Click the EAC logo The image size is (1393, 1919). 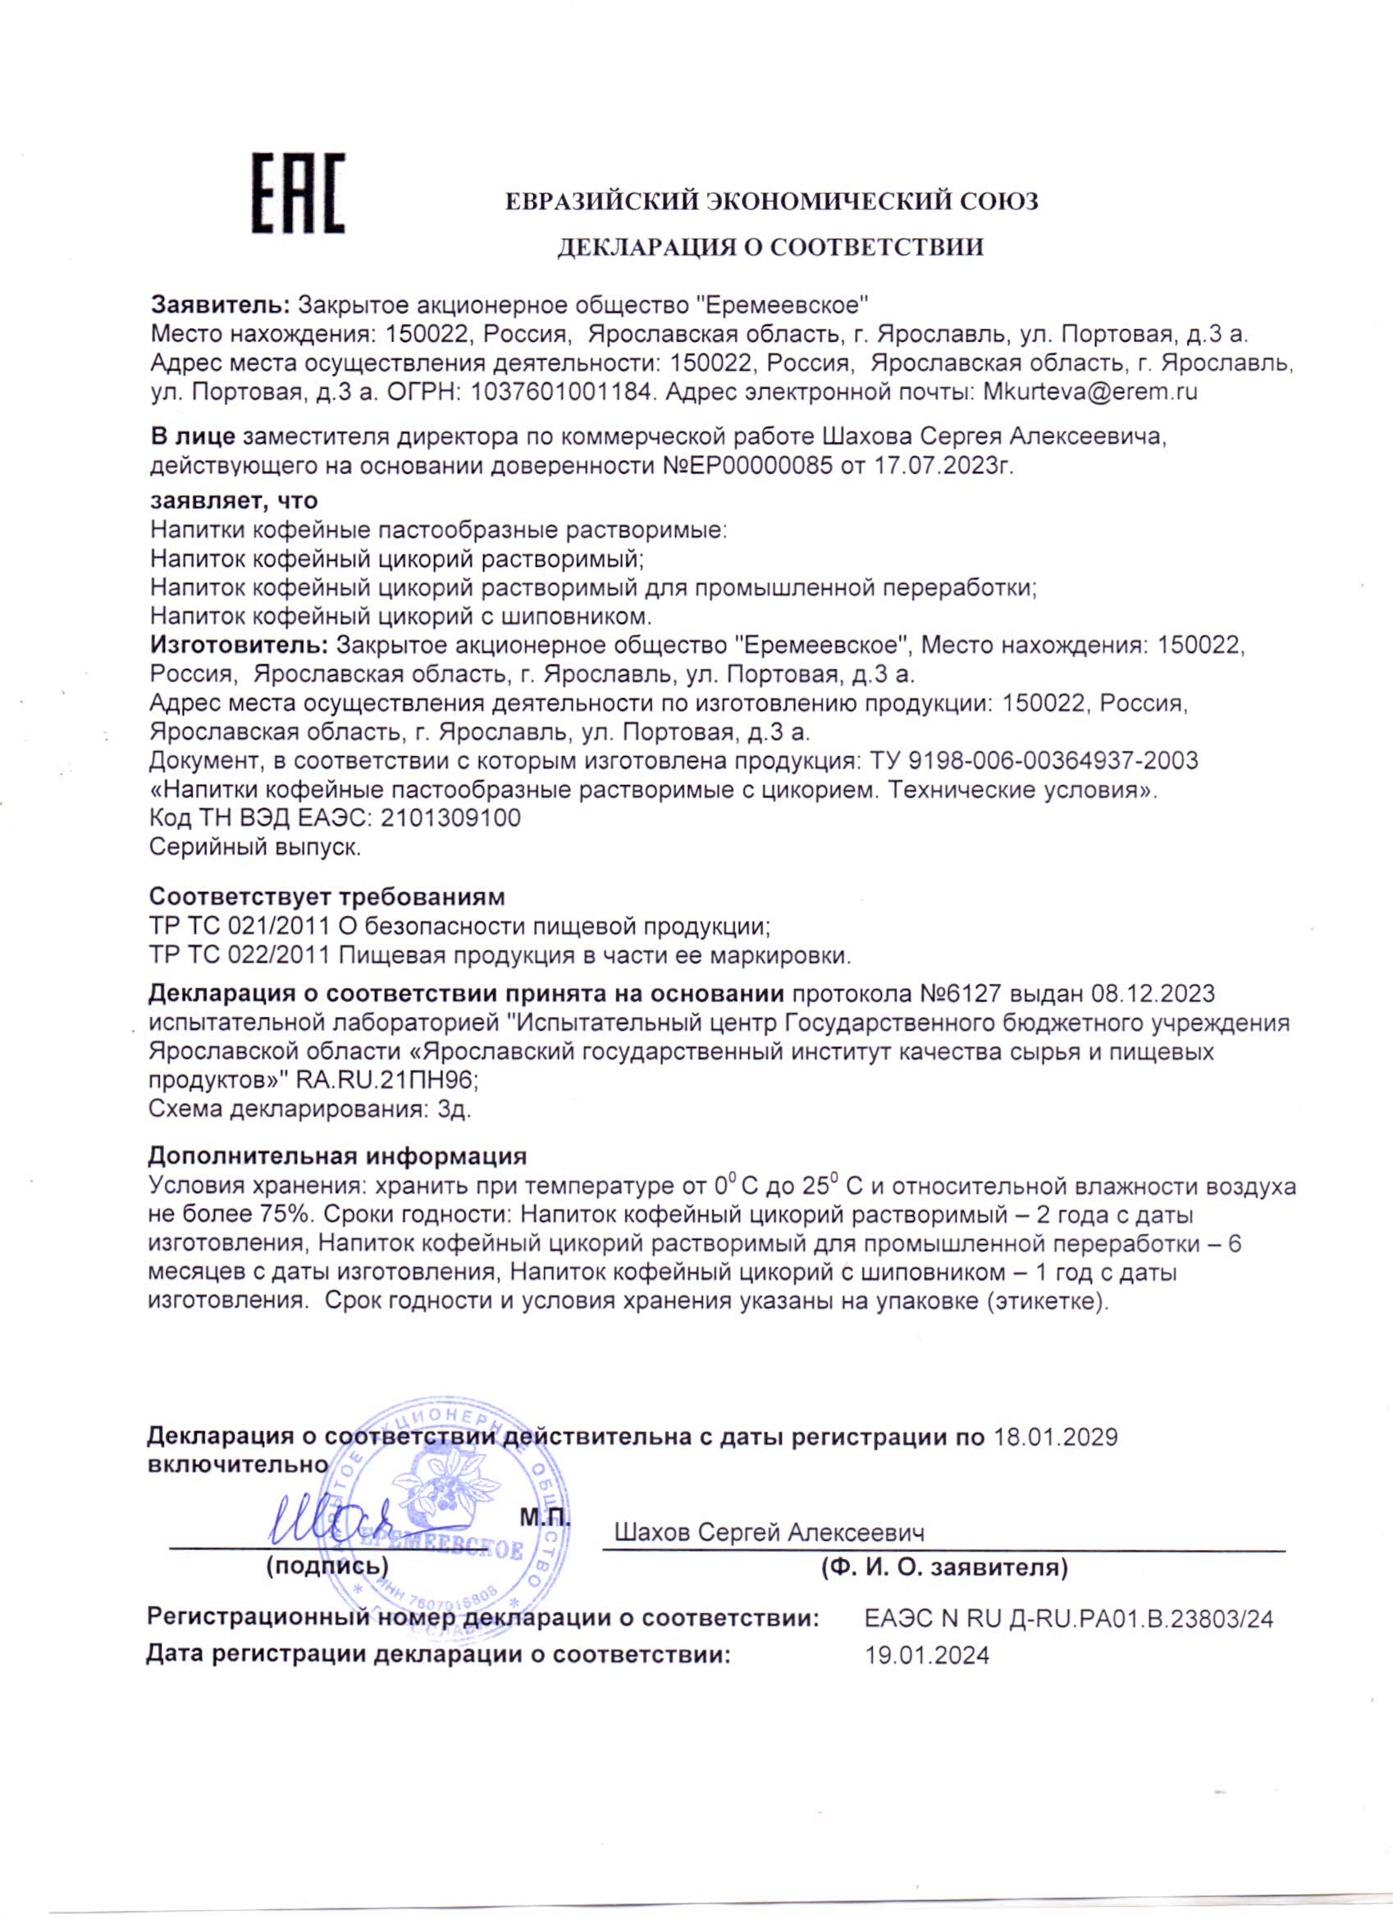[298, 194]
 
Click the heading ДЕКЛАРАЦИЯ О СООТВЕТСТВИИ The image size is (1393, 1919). [770, 247]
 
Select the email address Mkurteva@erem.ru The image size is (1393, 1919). [1089, 393]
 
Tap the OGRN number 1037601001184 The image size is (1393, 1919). [562, 393]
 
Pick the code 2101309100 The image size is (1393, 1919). [450, 818]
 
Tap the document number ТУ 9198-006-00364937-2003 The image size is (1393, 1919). [1034, 761]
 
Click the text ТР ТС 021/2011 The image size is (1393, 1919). [239, 927]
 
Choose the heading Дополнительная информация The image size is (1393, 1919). [337, 1156]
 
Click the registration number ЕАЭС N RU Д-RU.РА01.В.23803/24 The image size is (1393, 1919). [1068, 1620]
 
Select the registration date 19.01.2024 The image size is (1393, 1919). [927, 1655]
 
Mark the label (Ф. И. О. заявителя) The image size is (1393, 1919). [944, 1568]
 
